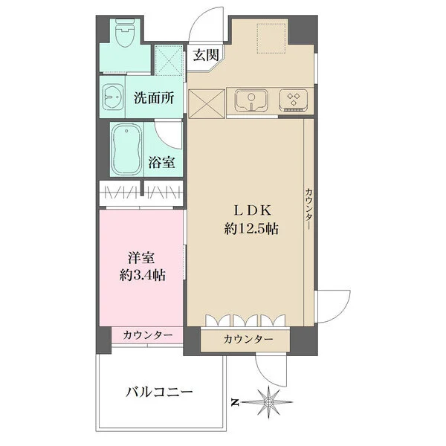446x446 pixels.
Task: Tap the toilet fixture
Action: tap(126, 33)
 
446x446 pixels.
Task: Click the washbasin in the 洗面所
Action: tap(115, 97)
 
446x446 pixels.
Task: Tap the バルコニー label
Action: tap(159, 391)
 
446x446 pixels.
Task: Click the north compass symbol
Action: tap(268, 402)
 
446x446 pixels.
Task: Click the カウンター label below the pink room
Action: tap(148, 335)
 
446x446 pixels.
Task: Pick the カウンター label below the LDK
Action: tap(247, 340)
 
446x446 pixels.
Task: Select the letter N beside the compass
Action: tap(234, 402)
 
